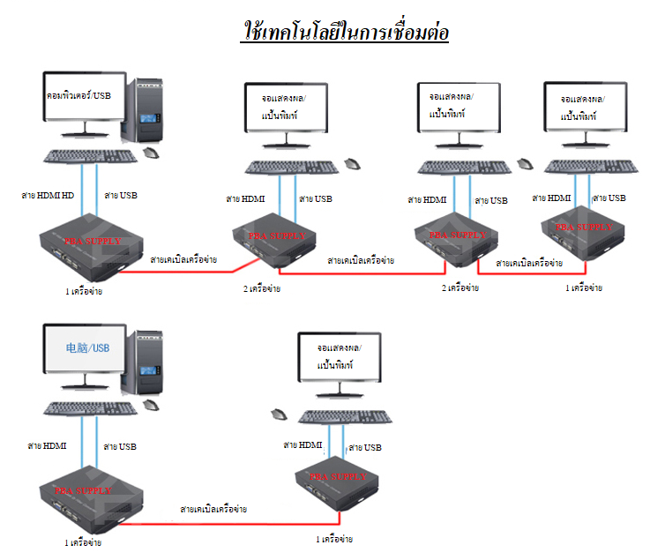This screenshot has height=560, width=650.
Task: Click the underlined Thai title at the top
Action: tap(346, 32)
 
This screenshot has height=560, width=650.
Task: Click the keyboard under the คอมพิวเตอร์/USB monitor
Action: tap(90, 156)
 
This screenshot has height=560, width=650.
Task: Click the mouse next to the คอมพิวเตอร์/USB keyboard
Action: tap(153, 153)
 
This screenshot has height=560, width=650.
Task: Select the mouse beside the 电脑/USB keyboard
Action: tap(153, 406)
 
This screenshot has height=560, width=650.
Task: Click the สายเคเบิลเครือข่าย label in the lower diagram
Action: tap(213, 510)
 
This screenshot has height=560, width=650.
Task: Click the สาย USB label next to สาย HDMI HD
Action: tap(120, 195)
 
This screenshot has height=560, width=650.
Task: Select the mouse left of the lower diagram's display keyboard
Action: tap(280, 414)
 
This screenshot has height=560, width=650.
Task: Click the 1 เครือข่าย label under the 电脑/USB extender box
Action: tap(83, 542)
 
